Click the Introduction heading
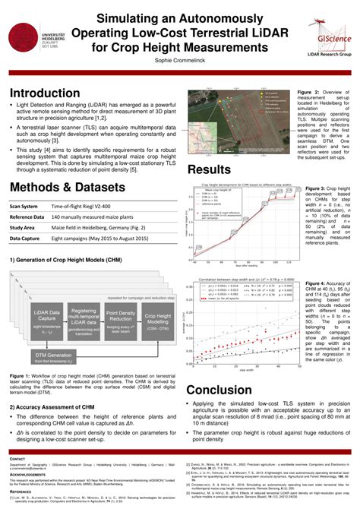pos(48,93)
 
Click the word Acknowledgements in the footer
pos(28,469)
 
